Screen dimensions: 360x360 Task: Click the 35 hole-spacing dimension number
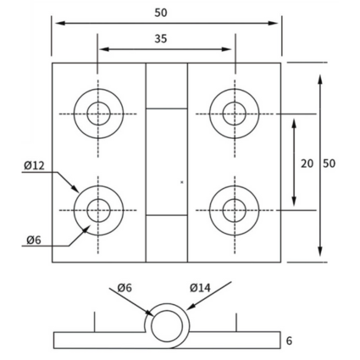point(161,39)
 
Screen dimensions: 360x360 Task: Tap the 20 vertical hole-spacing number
point(307,163)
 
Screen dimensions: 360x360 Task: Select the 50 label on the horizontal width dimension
point(161,13)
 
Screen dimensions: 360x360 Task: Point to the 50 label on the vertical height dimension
point(329,163)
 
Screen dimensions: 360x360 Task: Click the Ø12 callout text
point(34,165)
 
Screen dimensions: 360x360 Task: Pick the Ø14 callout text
point(200,288)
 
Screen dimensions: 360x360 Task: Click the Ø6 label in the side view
point(125,288)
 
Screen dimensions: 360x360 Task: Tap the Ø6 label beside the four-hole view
point(34,240)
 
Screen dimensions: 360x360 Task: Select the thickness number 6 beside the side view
point(289,341)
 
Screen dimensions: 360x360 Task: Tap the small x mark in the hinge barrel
point(182,182)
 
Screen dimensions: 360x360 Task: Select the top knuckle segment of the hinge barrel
point(167,86)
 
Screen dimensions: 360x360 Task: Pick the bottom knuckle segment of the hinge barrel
point(167,239)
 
